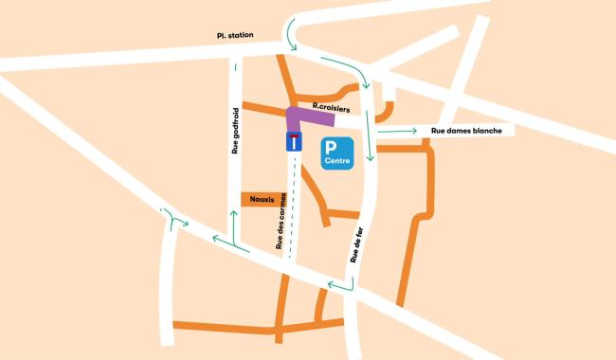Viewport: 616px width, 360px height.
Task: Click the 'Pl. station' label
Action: pyautogui.click(x=234, y=36)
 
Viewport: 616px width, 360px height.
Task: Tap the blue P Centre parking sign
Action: pyautogui.click(x=336, y=154)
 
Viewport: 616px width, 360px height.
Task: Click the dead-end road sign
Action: pyautogui.click(x=294, y=143)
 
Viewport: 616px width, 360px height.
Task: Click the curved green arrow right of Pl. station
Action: pyautogui.click(x=291, y=32)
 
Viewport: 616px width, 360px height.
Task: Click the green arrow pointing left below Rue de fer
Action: pyautogui.click(x=336, y=284)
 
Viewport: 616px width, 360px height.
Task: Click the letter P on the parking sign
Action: pyautogui.click(x=332, y=148)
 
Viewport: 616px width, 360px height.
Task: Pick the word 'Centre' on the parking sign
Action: pyautogui.click(x=337, y=162)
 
